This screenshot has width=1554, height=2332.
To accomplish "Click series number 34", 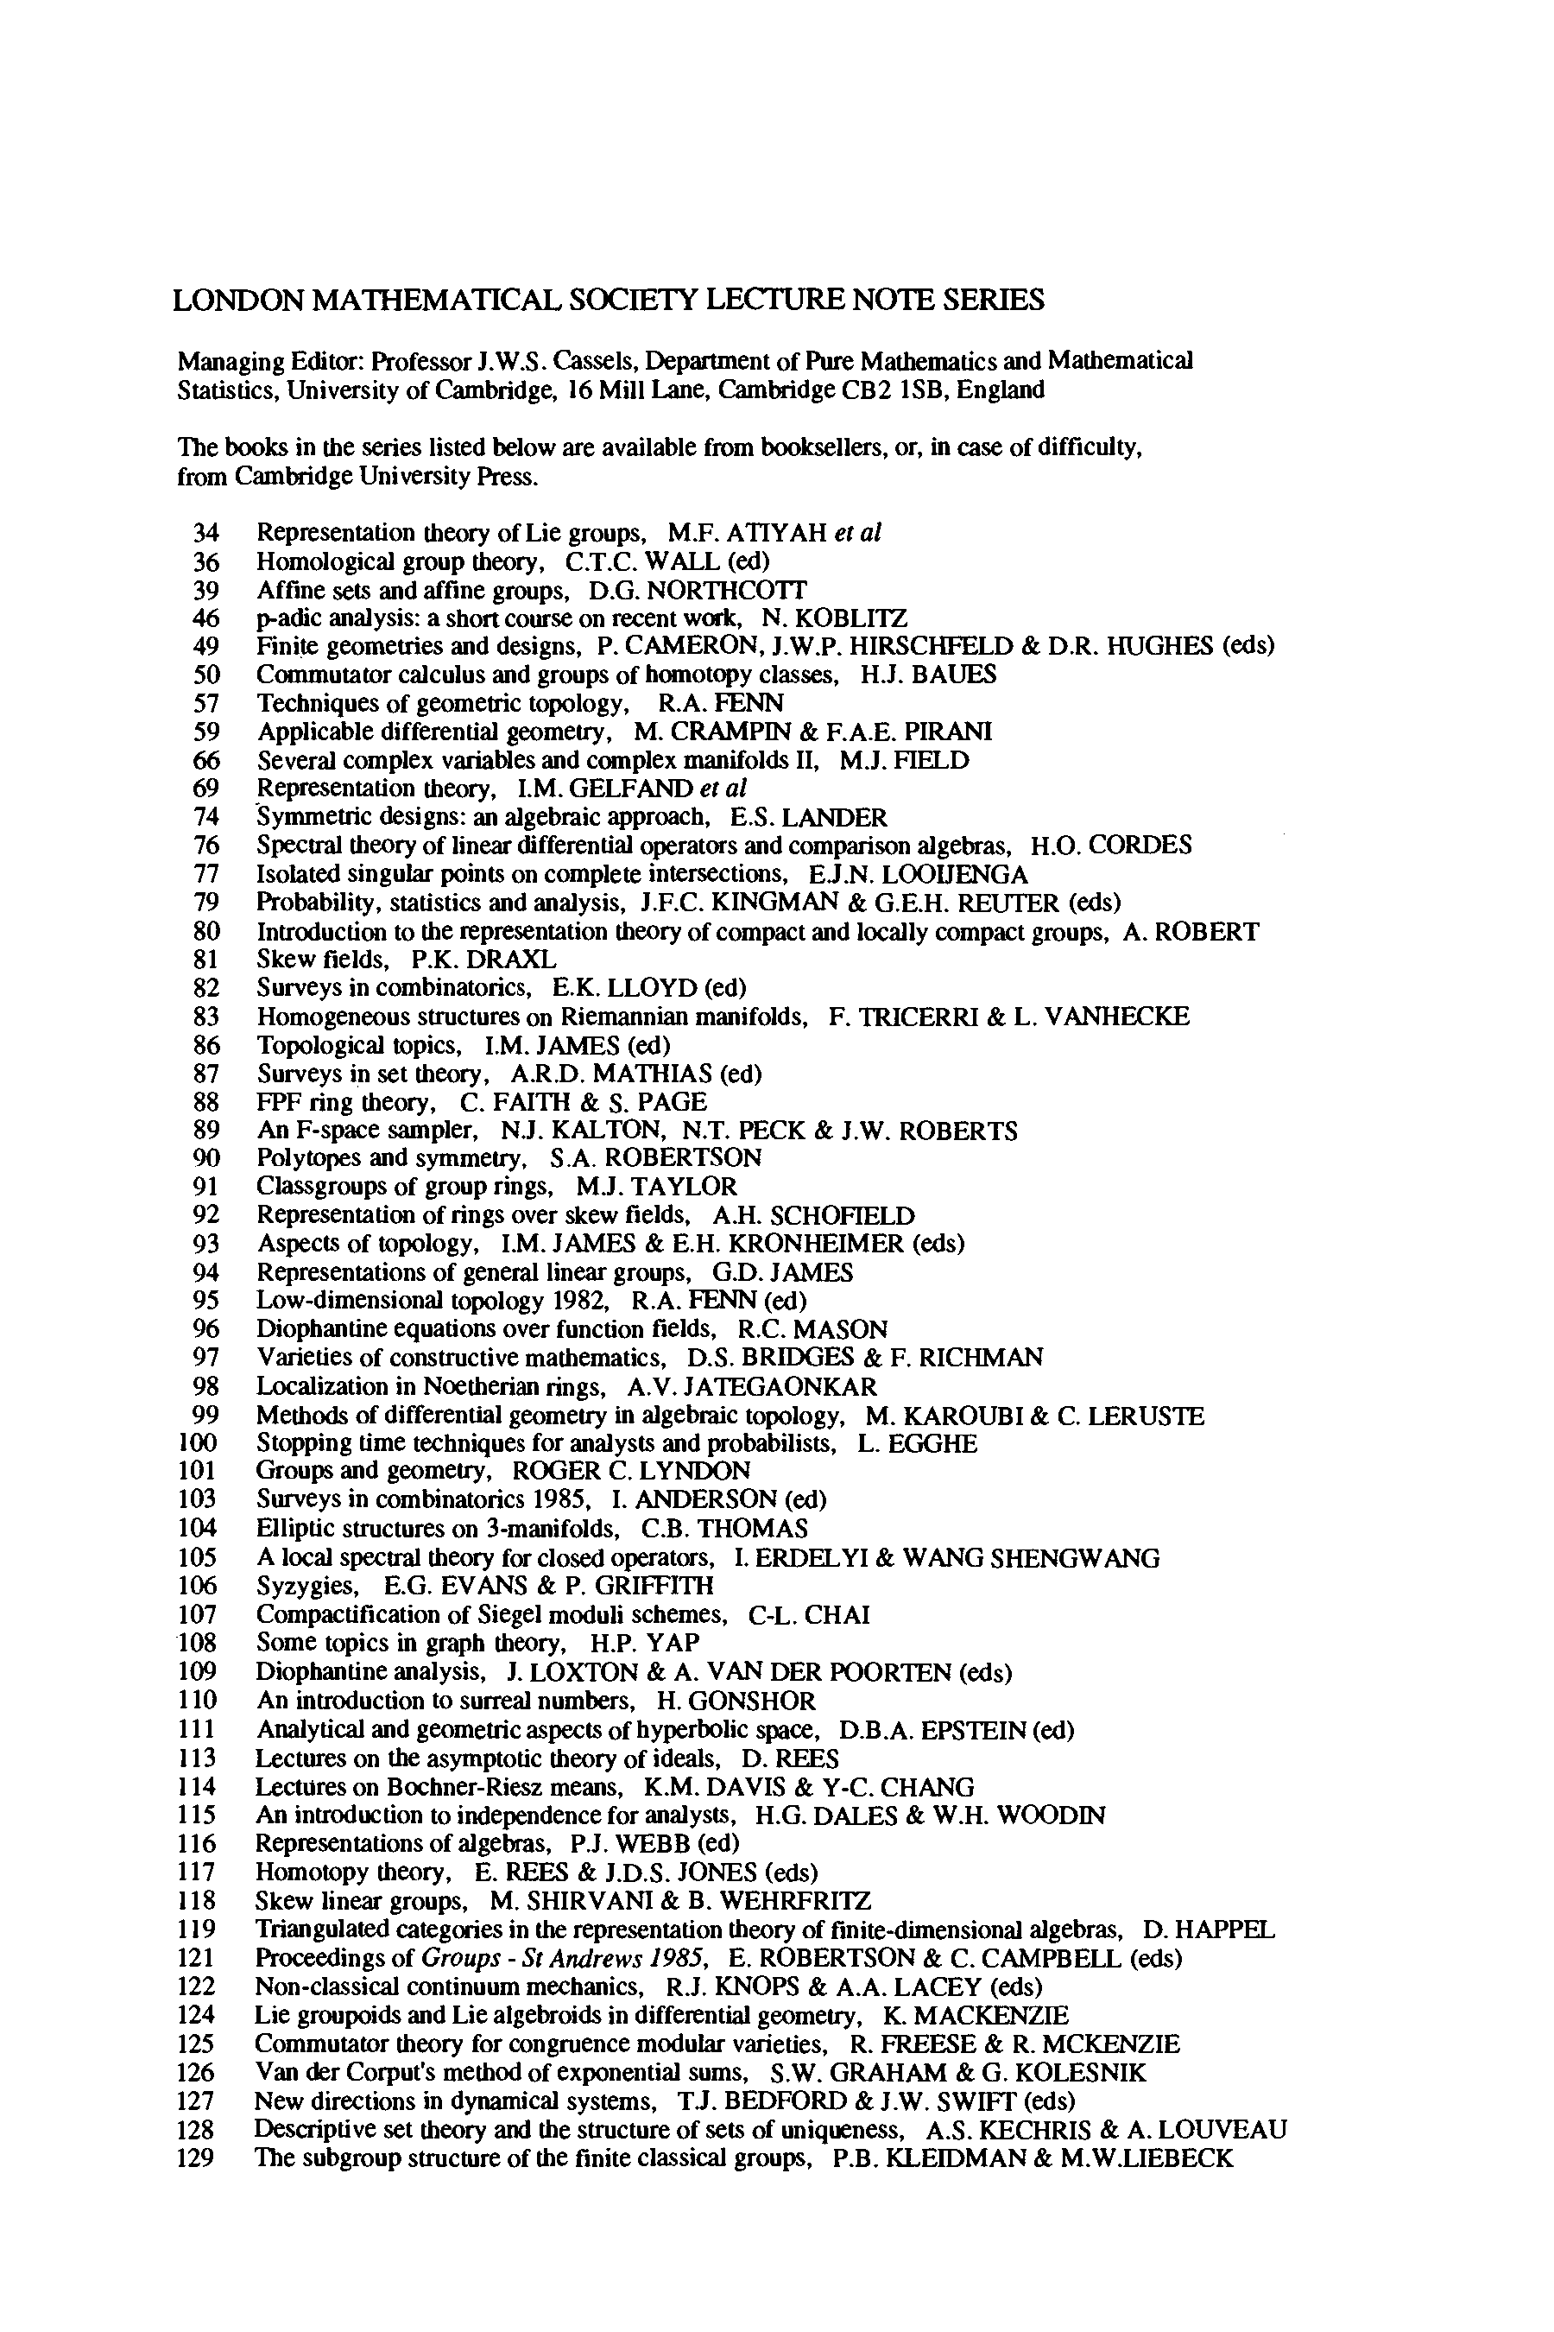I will (x=205, y=534).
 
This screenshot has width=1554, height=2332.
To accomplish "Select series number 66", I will (x=205, y=762).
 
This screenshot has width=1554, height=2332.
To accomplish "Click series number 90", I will (x=205, y=1159).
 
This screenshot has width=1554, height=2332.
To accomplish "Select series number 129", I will (x=196, y=2158).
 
